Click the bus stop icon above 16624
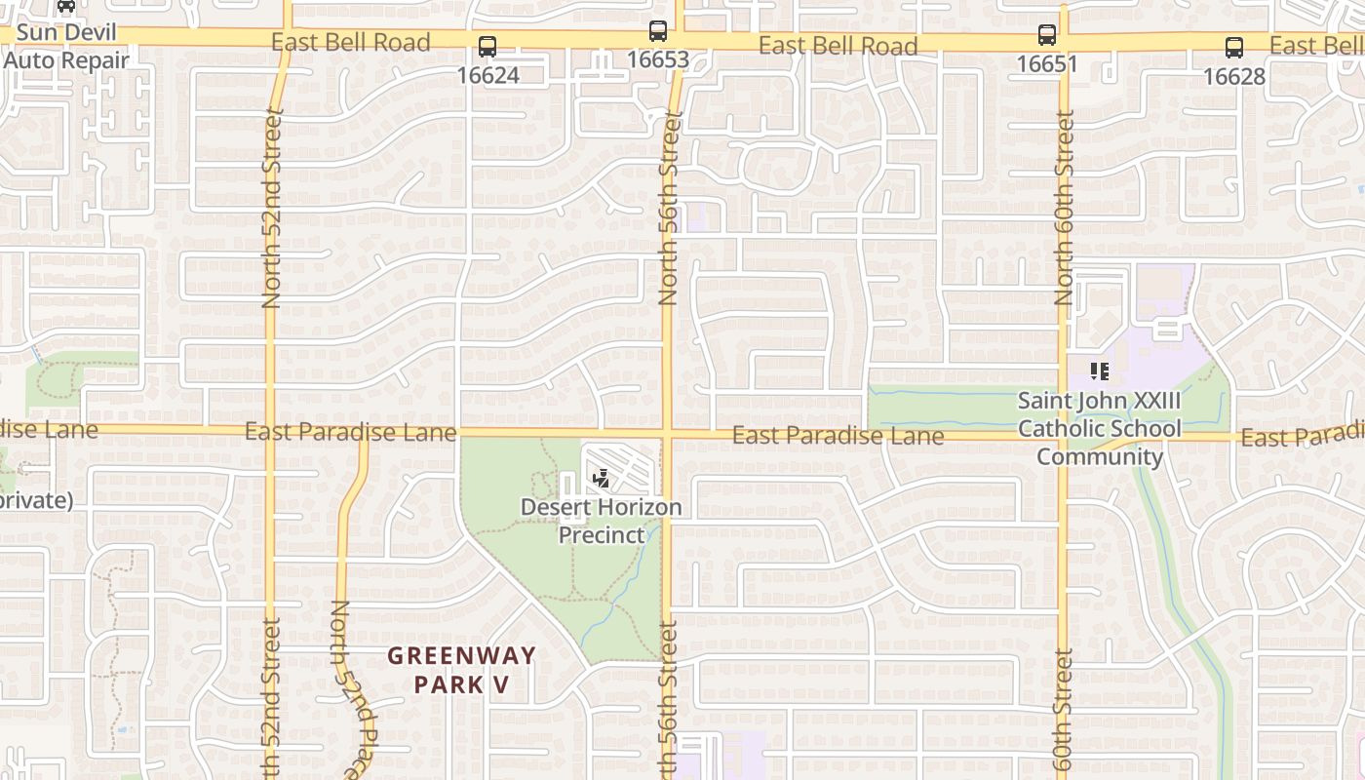[487, 46]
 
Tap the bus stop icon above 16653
[658, 30]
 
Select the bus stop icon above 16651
[1047, 35]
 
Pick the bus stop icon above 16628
[1234, 47]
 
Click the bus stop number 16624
[487, 75]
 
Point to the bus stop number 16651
[1047, 64]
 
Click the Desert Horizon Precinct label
[601, 521]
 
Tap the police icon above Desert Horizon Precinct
[602, 479]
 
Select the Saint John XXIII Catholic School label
[1099, 428]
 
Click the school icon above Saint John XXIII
[1099, 371]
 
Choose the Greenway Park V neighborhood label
[462, 670]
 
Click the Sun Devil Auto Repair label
[65, 47]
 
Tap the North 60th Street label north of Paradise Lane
[1064, 207]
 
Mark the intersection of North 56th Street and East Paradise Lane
[668, 432]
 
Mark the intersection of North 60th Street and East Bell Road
[1064, 41]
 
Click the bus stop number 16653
[658, 59]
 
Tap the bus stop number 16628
[1234, 76]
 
